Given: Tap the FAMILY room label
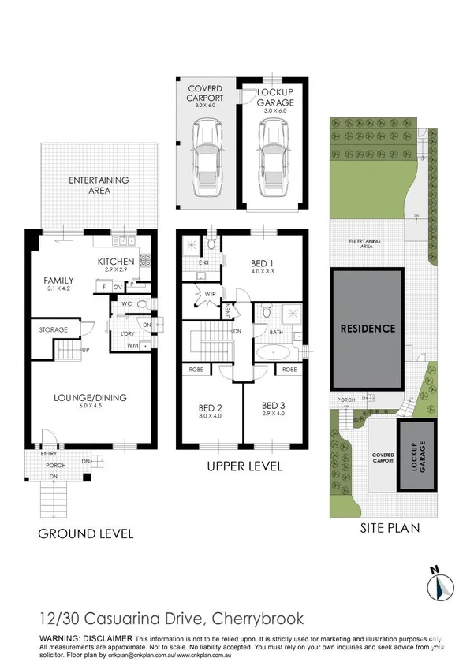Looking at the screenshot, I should click(58, 281).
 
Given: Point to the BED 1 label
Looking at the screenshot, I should click(263, 263).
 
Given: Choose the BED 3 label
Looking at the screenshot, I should click(273, 408).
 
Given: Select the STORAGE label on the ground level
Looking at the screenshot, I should click(54, 329).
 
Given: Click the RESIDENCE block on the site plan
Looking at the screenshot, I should click(368, 328).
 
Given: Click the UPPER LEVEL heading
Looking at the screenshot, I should click(244, 466).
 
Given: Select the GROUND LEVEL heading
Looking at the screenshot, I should click(86, 533).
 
